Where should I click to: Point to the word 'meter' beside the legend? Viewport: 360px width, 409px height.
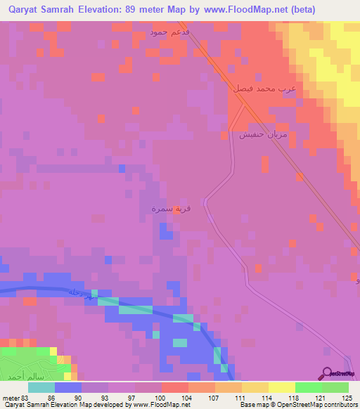pyautogui.click(x=9, y=398)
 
